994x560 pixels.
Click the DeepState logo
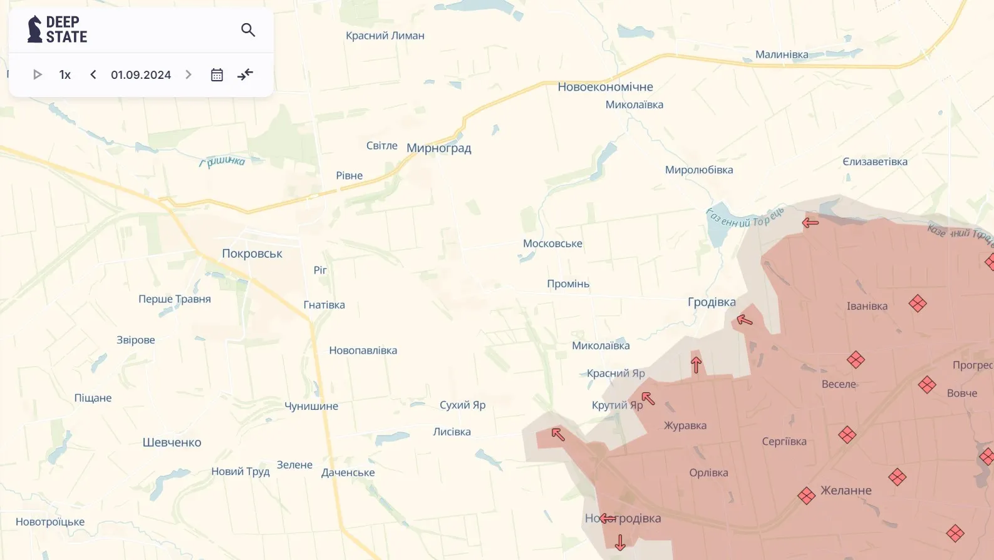click(57, 29)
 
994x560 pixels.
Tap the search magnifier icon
click(248, 29)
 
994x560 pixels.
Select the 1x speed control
click(65, 74)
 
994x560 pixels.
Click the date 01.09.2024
click(141, 74)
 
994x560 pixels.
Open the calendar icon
click(217, 74)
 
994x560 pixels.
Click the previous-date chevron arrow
click(93, 74)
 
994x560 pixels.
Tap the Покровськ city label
click(252, 253)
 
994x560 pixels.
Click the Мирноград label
click(438, 148)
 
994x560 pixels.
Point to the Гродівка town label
click(712, 302)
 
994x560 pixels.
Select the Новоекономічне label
click(605, 87)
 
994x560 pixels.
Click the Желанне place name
click(846, 491)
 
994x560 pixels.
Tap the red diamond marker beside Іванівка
click(918, 303)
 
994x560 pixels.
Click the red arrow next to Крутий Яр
click(648, 398)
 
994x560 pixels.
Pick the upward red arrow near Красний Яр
click(696, 364)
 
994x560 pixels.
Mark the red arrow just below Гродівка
click(744, 320)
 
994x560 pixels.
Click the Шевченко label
click(172, 442)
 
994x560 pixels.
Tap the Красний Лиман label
click(385, 36)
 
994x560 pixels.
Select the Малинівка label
click(781, 54)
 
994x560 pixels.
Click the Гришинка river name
click(222, 161)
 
